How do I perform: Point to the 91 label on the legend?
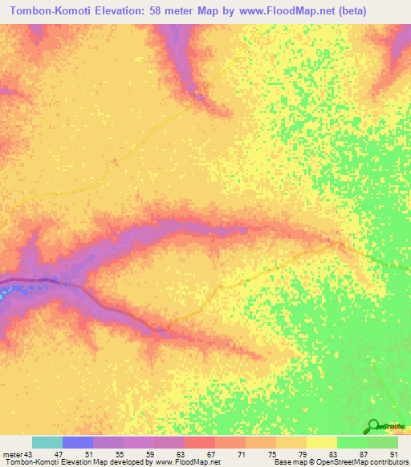tap(393, 453)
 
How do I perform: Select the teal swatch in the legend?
tap(47, 442)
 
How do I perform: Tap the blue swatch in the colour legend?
tap(78, 442)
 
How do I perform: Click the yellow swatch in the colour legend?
tap(321, 442)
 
